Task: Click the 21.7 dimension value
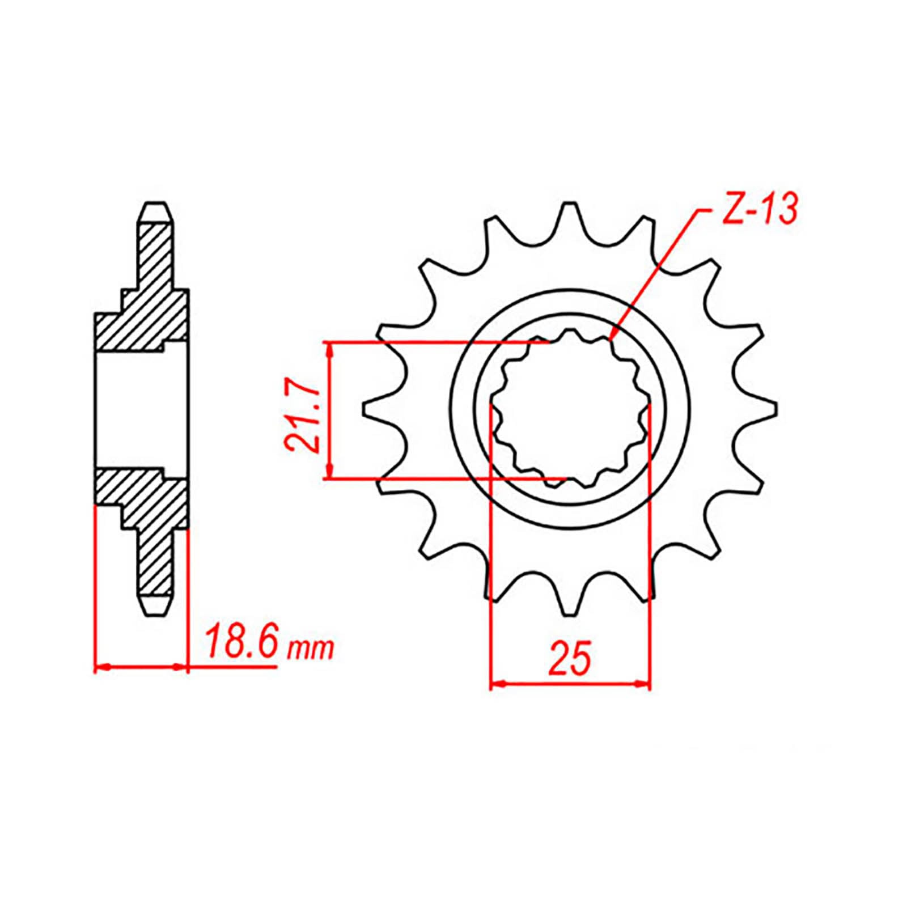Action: pos(301,411)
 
